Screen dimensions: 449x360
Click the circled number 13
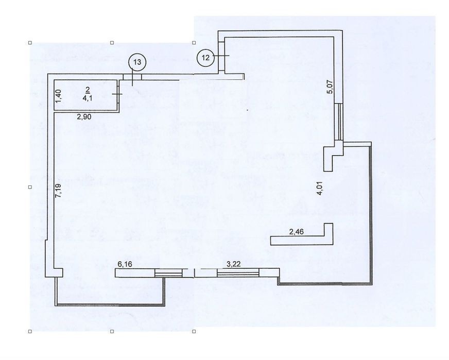(137, 62)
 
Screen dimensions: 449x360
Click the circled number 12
(205, 58)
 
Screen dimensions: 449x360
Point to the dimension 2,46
(297, 232)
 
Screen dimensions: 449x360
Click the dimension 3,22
(233, 264)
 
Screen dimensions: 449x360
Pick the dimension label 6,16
(125, 264)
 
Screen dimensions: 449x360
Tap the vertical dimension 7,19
(58, 191)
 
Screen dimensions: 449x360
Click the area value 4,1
(88, 98)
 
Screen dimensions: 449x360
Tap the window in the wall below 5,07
(339, 122)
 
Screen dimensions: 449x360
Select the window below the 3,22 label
(238, 273)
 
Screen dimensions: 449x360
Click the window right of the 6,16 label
(168, 273)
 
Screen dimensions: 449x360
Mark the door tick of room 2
(117, 94)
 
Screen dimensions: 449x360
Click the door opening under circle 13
(132, 77)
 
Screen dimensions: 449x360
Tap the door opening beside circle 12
(221, 55)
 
